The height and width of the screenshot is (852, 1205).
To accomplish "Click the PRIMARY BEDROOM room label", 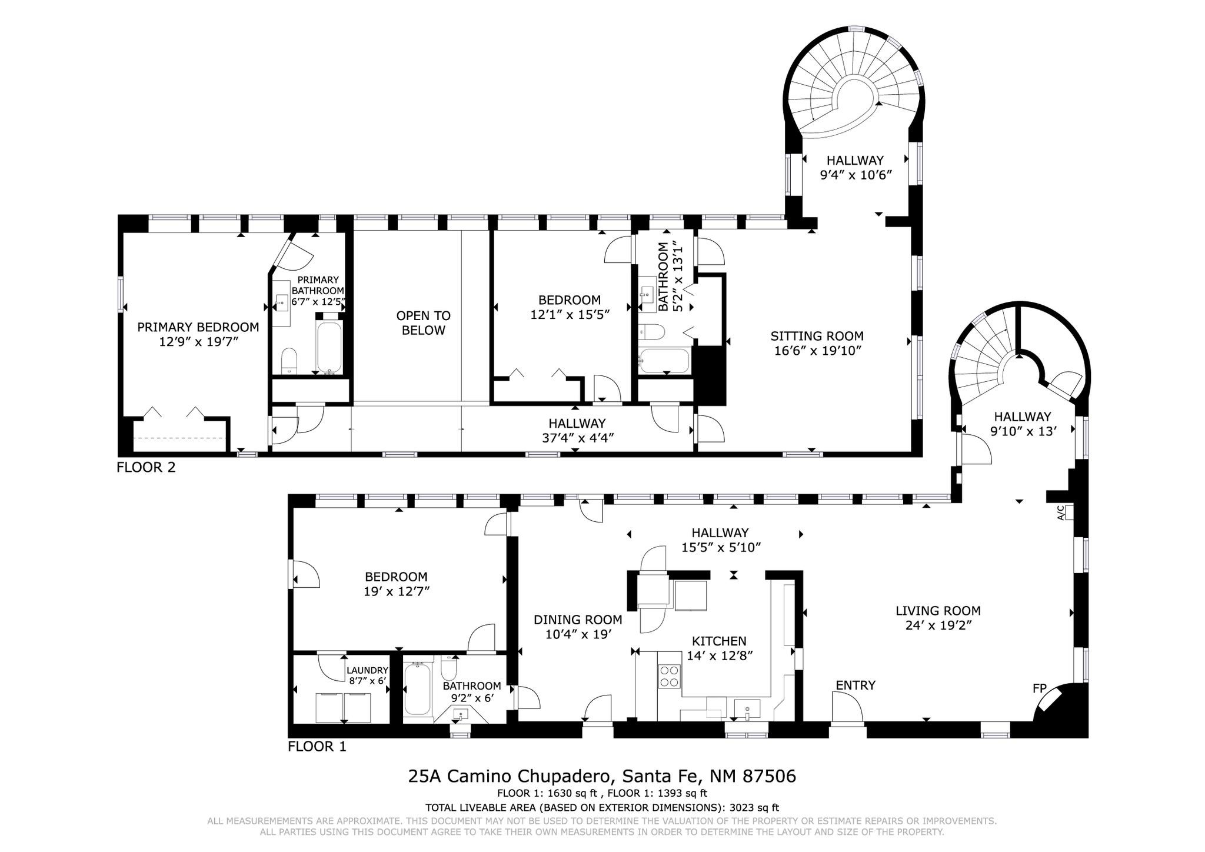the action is point(198,327).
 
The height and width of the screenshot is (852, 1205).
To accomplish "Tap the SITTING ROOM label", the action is point(817,336).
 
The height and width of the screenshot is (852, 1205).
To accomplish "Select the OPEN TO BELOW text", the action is point(424,323).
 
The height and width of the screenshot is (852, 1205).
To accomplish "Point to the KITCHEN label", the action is point(719,641).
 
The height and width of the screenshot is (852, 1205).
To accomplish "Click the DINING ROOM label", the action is point(578,620).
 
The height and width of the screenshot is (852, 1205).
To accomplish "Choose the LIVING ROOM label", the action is point(938,611).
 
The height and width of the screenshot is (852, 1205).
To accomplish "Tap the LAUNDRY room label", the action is point(367,670).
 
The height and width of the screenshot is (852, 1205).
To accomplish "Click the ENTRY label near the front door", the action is point(856,685).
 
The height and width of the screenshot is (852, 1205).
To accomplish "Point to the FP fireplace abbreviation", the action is point(1040,688).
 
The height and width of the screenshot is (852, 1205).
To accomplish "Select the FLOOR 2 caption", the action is point(146,468).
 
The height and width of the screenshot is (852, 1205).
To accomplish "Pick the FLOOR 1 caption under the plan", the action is point(317,747).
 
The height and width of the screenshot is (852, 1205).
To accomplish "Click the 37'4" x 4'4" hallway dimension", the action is point(577,438).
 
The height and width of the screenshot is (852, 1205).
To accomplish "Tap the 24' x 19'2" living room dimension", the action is point(938,625).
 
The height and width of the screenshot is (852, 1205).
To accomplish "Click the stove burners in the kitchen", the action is point(669,676).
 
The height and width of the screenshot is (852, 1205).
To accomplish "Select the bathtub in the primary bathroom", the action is point(329,345).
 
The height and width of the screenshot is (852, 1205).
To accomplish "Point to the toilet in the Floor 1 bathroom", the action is point(449,669).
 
